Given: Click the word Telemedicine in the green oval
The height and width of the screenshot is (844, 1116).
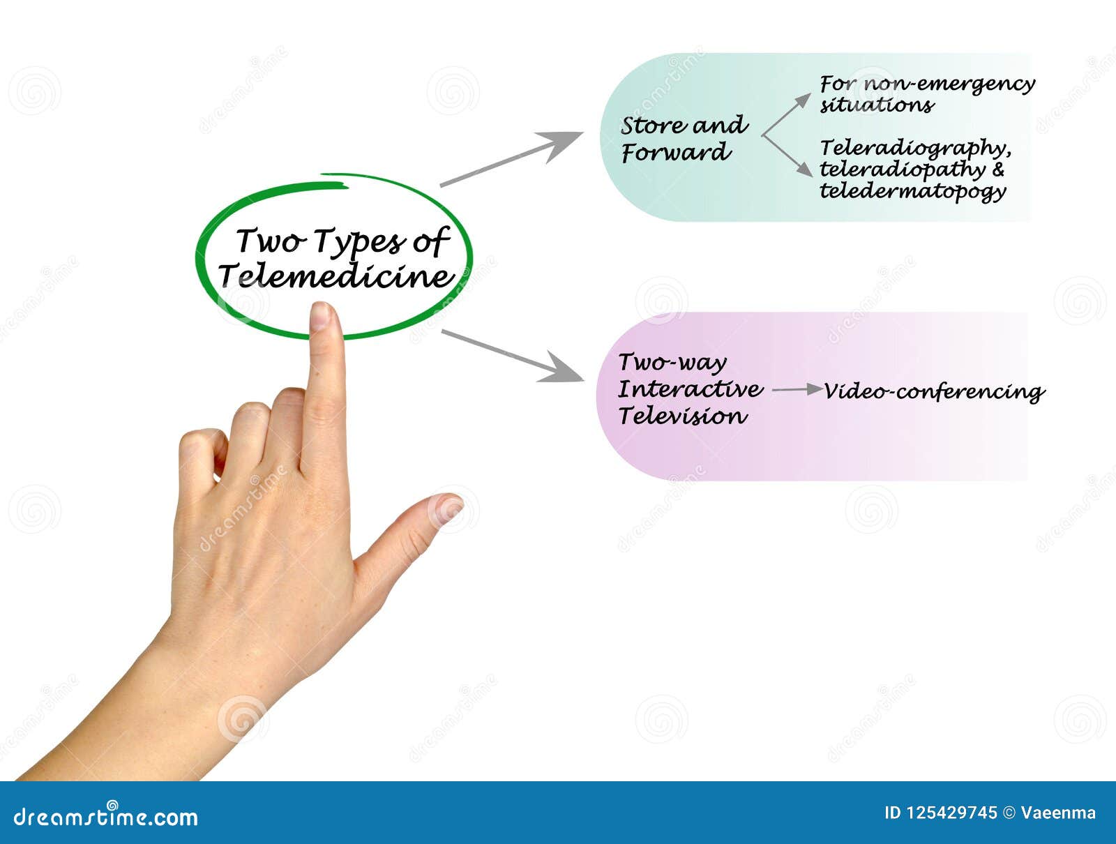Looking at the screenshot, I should tap(336, 276).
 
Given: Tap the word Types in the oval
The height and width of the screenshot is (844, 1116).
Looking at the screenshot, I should tap(356, 242).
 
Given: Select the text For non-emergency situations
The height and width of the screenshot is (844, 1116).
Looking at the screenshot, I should tap(926, 94).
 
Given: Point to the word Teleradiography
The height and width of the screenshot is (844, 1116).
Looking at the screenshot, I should tap(914, 148).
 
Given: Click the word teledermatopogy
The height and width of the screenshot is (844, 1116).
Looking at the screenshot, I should tap(912, 191).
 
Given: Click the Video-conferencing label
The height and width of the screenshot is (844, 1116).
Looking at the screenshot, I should tap(934, 391).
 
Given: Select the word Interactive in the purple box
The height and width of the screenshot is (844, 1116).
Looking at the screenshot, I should tap(690, 389).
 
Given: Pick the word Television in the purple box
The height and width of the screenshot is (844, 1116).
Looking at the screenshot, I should tap(682, 416).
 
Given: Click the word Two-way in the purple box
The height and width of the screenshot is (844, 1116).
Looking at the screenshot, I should tap(672, 363).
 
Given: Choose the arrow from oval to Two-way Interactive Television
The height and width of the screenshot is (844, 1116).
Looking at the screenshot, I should tap(513, 356).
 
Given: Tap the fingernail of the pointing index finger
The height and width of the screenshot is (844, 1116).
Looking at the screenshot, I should tap(320, 316).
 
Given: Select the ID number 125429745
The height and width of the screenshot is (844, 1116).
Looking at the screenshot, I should tap(951, 813).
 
